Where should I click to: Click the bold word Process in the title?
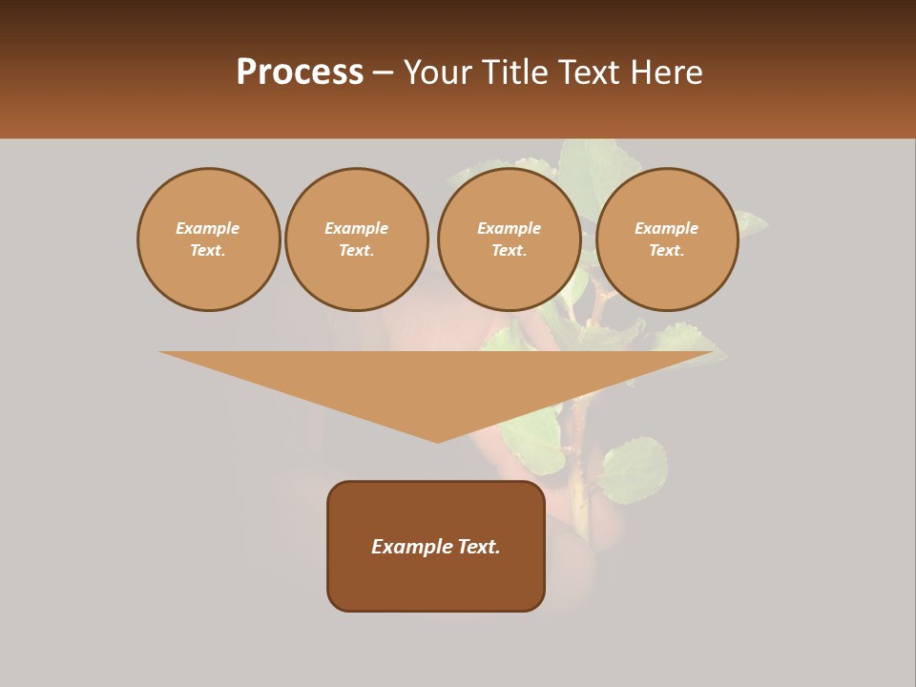tap(300, 73)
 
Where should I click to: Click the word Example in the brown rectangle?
tap(412, 547)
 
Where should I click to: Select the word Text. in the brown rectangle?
tap(479, 547)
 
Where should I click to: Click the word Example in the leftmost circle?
tap(208, 228)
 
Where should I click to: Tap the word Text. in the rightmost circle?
tap(666, 250)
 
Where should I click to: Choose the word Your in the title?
tap(436, 73)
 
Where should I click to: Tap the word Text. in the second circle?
tap(356, 250)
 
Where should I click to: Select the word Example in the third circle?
tap(509, 228)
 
